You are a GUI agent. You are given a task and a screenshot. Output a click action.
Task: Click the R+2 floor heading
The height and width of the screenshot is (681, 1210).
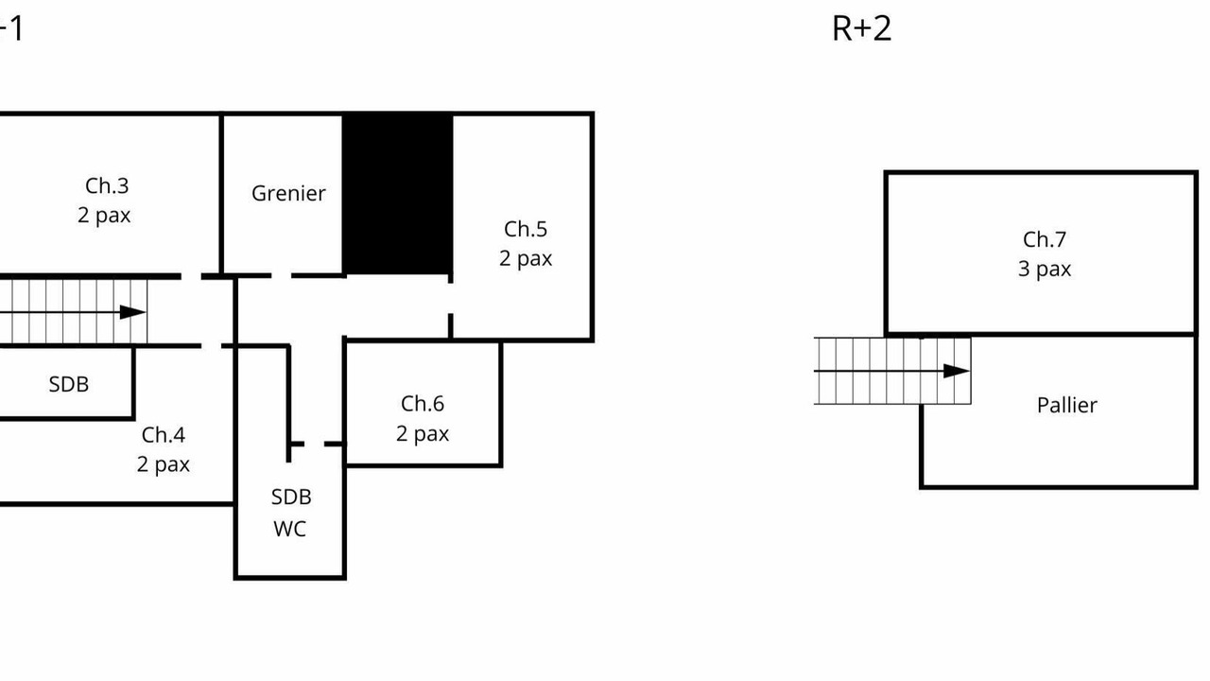861,28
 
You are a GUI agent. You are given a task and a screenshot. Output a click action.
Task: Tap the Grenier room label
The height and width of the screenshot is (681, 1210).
288,194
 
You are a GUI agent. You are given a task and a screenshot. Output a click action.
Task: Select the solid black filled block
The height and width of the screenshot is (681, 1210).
398,194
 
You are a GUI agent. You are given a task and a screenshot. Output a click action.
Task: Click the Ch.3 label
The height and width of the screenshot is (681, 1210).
107,186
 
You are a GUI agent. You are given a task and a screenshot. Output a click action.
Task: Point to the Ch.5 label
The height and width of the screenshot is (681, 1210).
526,229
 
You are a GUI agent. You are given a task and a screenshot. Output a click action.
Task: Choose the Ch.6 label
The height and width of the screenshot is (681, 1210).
423,404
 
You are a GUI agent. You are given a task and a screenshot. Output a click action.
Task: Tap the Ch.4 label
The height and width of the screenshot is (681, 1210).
164,435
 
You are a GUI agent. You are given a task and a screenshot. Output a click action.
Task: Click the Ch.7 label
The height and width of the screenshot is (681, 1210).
1045,240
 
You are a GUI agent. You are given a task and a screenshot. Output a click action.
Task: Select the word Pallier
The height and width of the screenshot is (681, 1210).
1067,406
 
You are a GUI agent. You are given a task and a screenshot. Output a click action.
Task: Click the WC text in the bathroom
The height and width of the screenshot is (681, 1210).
290,529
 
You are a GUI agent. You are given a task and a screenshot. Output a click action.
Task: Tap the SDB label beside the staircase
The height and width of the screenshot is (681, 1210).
69,384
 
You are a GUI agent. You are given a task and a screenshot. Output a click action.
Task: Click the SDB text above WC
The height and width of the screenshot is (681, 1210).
291,498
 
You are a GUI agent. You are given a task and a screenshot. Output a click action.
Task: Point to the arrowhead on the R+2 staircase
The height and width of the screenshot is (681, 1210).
957,372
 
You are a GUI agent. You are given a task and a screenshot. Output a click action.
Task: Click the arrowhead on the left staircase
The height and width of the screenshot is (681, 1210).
133,312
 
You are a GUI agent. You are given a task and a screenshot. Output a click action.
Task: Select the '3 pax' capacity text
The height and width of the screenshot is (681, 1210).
1045,270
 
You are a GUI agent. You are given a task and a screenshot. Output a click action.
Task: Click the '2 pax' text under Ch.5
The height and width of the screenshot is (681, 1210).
526,258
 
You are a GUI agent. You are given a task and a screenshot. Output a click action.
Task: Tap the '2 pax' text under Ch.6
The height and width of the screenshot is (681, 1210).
423,433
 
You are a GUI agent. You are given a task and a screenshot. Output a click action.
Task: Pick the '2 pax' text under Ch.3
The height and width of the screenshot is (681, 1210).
104,215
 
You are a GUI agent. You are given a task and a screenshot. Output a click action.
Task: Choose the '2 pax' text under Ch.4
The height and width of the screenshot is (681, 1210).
164,464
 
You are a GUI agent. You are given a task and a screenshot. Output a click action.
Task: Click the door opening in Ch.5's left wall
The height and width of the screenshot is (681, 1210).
451,298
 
